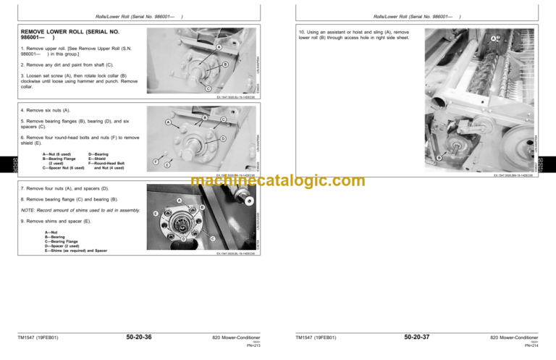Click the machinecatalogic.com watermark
[278, 181]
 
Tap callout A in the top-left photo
[219, 47]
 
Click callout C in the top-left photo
[208, 89]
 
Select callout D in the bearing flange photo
[223, 138]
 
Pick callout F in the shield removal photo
[157, 162]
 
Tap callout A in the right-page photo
[494, 38]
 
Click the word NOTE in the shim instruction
[28, 209]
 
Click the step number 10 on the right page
[301, 33]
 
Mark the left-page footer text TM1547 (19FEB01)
[38, 338]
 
